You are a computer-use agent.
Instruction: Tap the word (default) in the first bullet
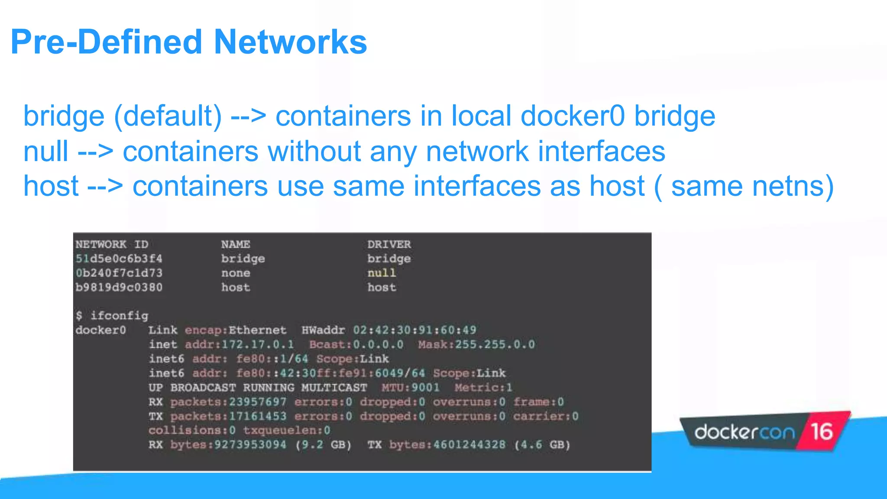[x=168, y=116]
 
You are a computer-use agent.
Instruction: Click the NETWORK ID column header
[x=112, y=244]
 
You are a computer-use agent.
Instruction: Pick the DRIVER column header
[x=389, y=244]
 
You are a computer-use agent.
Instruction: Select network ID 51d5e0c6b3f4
[x=119, y=259]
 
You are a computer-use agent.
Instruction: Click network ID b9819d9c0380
[x=119, y=287]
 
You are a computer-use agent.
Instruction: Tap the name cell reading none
[x=236, y=273]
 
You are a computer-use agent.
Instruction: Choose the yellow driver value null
[x=382, y=273]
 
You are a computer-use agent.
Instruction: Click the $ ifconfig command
[x=112, y=316]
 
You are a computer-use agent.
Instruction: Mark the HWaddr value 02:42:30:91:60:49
[x=414, y=330]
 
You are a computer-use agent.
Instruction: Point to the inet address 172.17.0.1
[x=258, y=344]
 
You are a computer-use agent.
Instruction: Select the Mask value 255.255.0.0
[x=495, y=344]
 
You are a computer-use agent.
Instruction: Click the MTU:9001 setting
[x=410, y=387]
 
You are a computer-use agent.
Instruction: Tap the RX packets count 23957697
[x=258, y=402]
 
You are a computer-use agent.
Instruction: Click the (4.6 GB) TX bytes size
[x=542, y=444]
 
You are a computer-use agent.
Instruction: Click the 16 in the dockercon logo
[x=822, y=431]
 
